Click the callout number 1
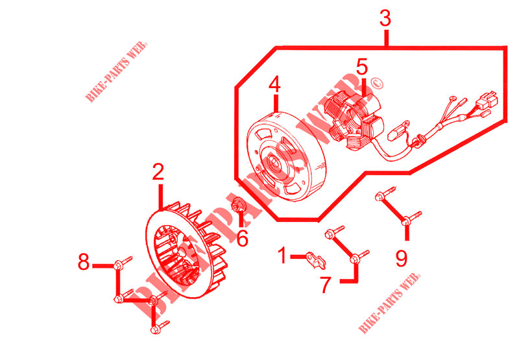click(282, 256)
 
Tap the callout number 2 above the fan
click(158, 173)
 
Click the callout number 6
click(242, 238)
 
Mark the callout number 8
click(83, 263)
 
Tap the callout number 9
click(402, 258)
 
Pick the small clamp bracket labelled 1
click(317, 259)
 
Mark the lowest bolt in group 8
click(158, 329)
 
